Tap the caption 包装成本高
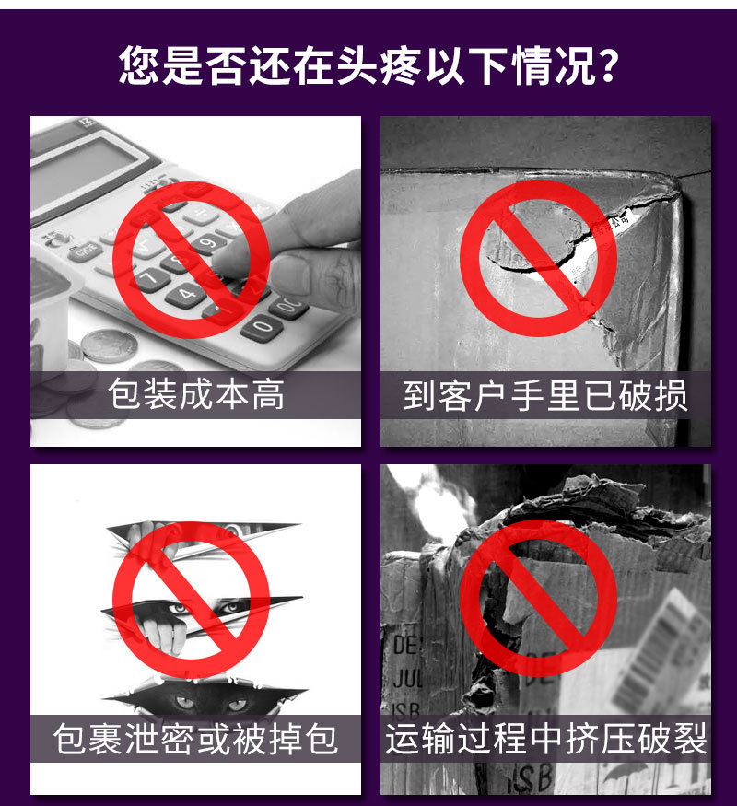click(195, 395)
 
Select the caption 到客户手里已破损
click(545, 395)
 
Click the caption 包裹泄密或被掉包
click(195, 739)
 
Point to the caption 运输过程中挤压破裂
click(545, 739)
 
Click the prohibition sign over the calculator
click(191, 258)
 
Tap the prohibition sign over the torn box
click(538, 258)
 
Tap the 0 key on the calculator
click(262, 326)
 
